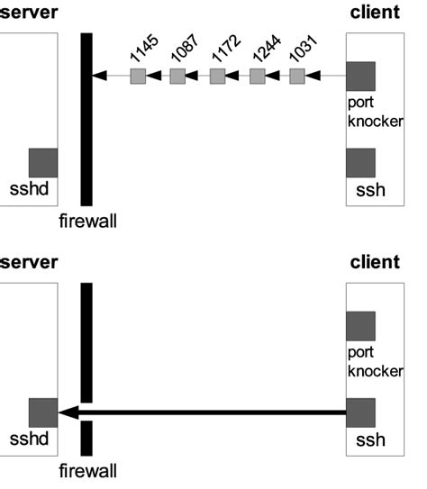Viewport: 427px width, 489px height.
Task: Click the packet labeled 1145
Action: (137, 77)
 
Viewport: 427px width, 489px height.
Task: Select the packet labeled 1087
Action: (177, 77)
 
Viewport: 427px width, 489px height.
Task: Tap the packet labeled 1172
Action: (217, 77)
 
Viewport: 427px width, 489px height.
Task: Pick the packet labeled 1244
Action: (258, 77)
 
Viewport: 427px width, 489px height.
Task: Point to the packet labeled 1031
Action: (297, 77)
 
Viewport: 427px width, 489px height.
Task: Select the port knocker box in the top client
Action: (360, 77)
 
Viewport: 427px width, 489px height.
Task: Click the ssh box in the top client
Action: (360, 163)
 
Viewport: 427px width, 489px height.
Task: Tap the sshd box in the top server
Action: (42, 163)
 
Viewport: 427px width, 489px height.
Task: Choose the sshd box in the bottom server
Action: (42, 412)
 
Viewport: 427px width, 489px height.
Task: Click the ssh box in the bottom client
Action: (360, 412)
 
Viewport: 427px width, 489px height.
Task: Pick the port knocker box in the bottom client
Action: (360, 326)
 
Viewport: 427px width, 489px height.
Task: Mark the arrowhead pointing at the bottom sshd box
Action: (67, 412)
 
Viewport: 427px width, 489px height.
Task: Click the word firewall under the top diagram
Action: (87, 220)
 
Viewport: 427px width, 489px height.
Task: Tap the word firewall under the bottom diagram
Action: (87, 470)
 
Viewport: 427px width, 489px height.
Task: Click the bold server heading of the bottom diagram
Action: (29, 262)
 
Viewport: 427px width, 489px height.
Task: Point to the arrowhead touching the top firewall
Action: (99, 77)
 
